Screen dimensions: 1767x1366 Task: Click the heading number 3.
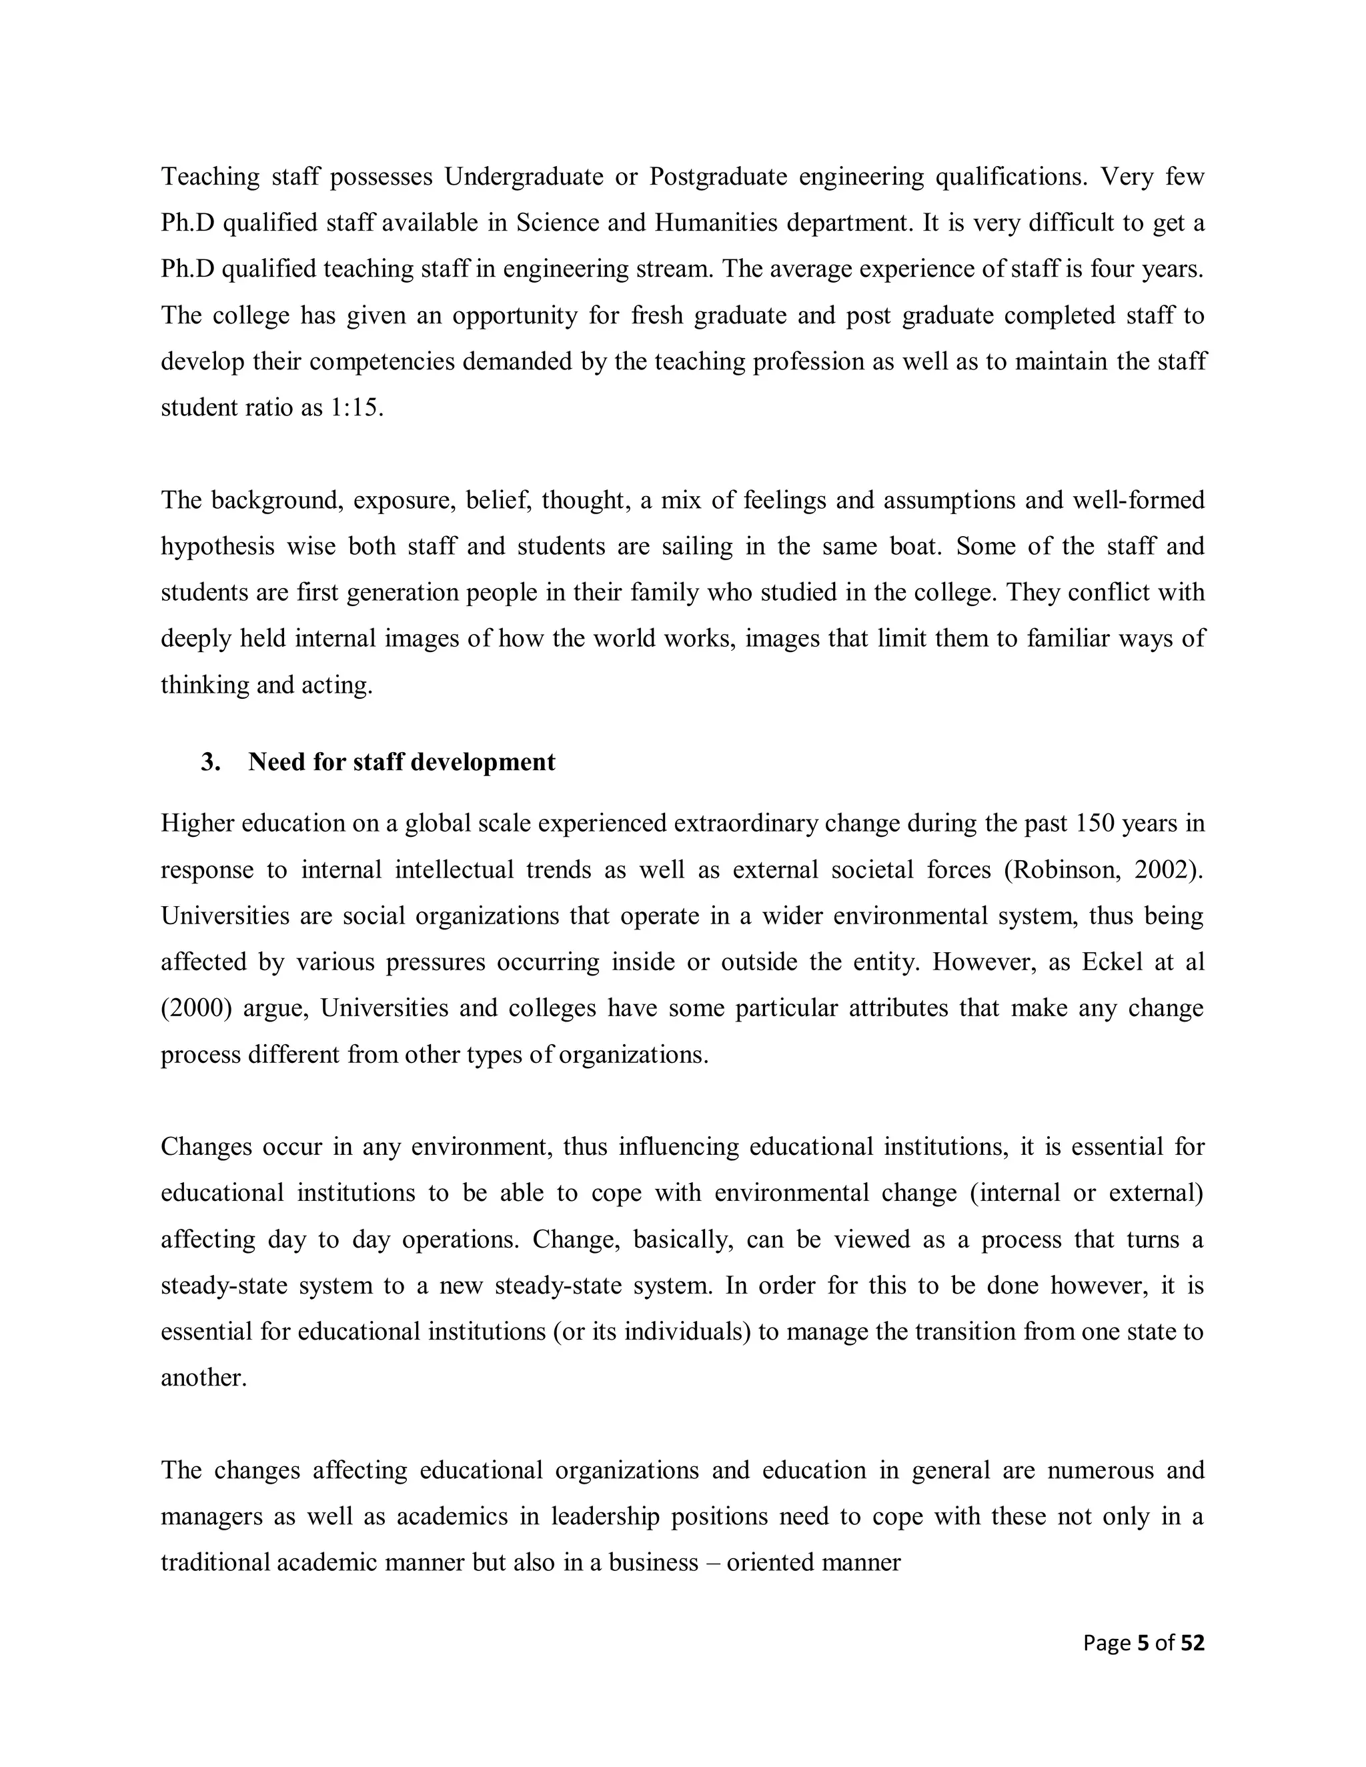(210, 762)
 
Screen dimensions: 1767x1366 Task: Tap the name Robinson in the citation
(1063, 869)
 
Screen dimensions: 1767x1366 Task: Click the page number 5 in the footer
(1143, 1643)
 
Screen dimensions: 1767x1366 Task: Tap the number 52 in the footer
(1192, 1643)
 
